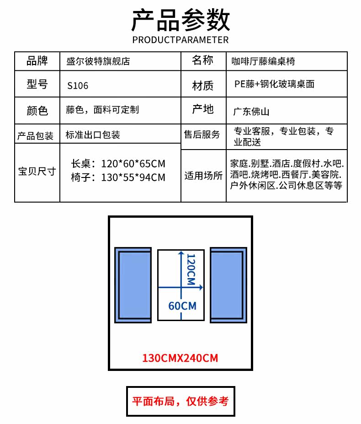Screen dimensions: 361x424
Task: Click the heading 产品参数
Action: [x=180, y=20]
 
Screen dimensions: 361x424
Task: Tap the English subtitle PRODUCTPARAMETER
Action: [x=180, y=40]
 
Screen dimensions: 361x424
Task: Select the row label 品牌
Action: [x=37, y=61]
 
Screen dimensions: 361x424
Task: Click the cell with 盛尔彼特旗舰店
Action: [x=98, y=61]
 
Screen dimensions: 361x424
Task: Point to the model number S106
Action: [x=78, y=86]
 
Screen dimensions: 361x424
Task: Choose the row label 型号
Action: [x=37, y=84]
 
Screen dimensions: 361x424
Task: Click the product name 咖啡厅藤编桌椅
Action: [x=263, y=61]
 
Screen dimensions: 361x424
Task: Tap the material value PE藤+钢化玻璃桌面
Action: [x=274, y=84]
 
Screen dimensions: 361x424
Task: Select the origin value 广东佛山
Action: [x=251, y=112]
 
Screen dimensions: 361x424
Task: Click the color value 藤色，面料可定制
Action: [x=102, y=110]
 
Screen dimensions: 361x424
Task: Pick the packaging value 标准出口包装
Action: [x=93, y=134]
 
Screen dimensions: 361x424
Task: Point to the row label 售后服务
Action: [x=202, y=134]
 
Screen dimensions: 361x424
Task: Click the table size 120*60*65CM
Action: [x=133, y=164]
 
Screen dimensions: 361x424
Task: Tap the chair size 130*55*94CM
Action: [x=133, y=177]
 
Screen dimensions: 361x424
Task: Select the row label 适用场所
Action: [x=203, y=176]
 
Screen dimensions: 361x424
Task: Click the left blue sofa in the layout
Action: [x=133, y=285]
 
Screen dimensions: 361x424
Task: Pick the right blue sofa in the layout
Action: [x=228, y=285]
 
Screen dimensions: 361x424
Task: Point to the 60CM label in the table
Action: [x=182, y=306]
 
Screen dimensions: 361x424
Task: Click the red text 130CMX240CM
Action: [x=180, y=358]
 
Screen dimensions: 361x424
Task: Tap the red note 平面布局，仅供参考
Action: [x=180, y=401]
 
